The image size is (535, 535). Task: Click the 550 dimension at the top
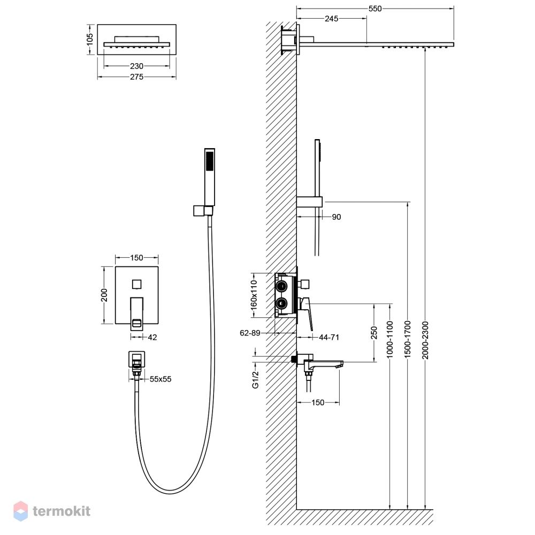point(374,9)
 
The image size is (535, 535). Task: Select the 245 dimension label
point(331,19)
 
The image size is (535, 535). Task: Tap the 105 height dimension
point(90,39)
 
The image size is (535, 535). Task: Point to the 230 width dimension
point(136,66)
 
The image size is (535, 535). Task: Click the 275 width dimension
point(136,77)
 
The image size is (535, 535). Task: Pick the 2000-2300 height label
point(425,340)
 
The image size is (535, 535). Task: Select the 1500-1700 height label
point(407,340)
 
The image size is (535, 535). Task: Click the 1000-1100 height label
point(390,340)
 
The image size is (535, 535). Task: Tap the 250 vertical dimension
point(374,333)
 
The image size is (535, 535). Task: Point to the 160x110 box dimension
point(254,295)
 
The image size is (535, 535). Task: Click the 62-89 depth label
point(250,333)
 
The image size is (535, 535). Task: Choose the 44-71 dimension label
point(329,338)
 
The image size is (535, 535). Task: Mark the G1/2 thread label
point(256,380)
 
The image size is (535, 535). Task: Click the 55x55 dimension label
point(160,379)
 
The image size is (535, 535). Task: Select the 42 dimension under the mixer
point(152,338)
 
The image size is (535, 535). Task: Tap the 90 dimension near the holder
point(337,217)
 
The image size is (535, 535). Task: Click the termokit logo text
point(62,511)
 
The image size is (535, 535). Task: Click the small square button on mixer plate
point(137,284)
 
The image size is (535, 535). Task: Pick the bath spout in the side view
point(323,363)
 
